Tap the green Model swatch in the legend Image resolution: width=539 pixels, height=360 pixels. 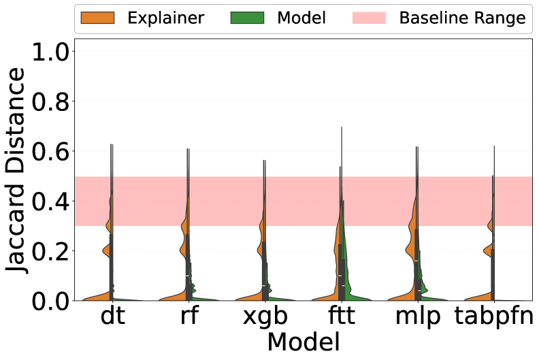click(x=246, y=18)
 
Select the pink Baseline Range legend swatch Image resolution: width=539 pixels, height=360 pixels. click(x=369, y=18)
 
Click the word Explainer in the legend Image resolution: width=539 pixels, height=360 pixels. click(x=165, y=18)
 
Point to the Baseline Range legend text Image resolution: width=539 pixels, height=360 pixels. click(x=463, y=18)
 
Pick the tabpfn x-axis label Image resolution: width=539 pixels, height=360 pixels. click(x=493, y=318)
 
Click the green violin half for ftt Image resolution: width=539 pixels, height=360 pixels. click(x=348, y=272)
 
